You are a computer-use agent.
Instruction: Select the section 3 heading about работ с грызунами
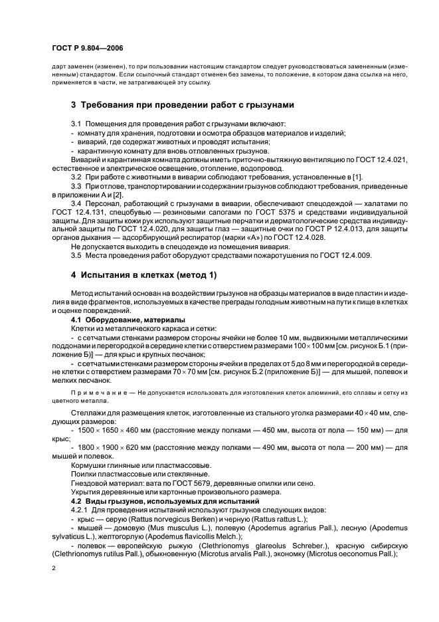point(182,105)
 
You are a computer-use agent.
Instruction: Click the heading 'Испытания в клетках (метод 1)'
point(144,274)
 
